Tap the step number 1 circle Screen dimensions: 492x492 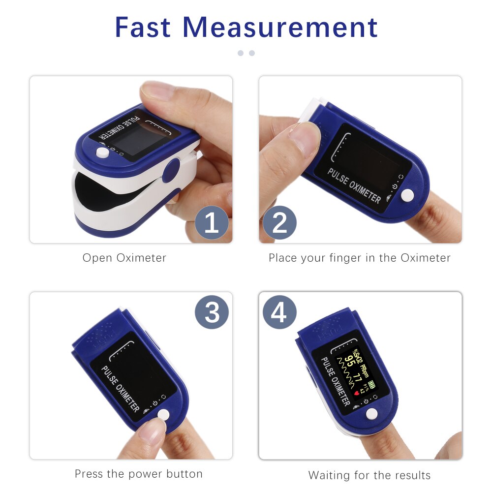pos(212,223)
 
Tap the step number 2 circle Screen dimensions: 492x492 pos(279,223)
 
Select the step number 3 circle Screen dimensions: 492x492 pos(212,312)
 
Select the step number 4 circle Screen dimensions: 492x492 pos(279,312)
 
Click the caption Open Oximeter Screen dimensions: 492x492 pos(124,258)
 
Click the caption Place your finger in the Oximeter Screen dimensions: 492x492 pos(360,258)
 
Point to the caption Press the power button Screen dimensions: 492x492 pos(139,474)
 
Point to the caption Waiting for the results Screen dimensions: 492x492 pos(369,475)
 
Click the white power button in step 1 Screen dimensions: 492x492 pos(102,153)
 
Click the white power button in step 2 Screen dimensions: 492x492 pos(407,195)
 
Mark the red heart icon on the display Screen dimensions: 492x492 pos(357,394)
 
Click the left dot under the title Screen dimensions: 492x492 pos(241,53)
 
